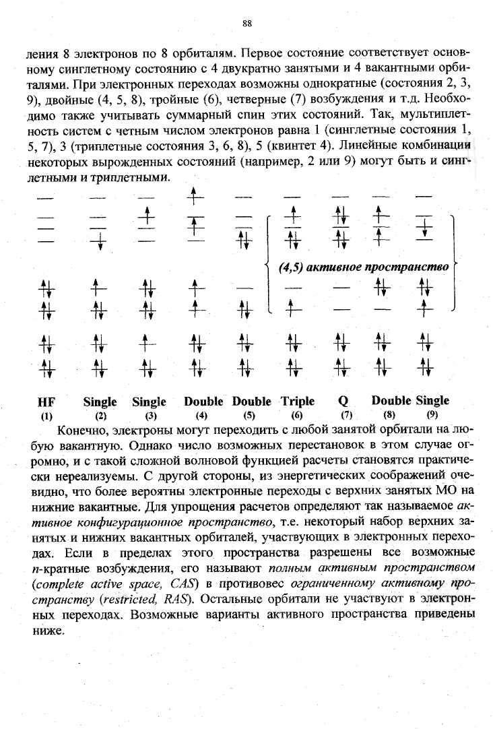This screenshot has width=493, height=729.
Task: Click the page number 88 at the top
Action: coord(246,24)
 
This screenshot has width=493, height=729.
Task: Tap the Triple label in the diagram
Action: coord(297,402)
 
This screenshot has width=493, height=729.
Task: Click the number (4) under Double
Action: coord(200,416)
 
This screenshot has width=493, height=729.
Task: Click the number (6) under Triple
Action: coord(297,416)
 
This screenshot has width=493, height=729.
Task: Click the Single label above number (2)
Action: coord(100,402)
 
